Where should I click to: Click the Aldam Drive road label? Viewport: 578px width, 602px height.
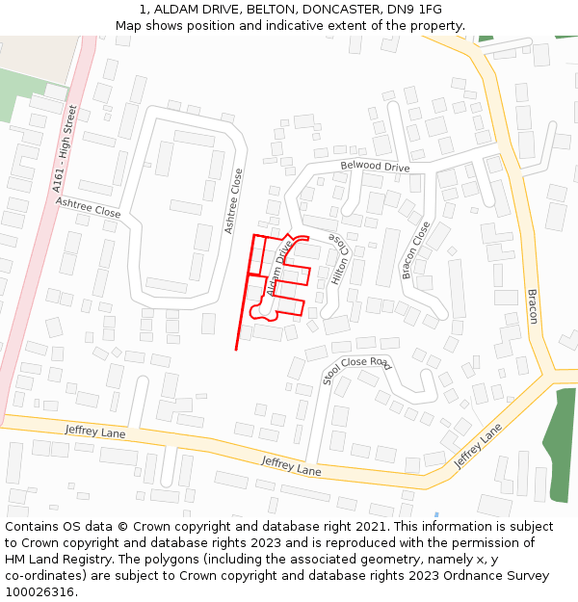[x=279, y=268]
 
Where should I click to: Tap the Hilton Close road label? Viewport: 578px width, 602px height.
[x=338, y=258]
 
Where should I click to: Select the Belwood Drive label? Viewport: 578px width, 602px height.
[x=375, y=167]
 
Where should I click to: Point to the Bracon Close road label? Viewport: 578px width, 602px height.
[x=416, y=250]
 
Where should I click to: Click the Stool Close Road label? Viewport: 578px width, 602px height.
[x=357, y=370]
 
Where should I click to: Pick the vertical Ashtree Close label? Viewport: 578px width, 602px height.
[x=234, y=200]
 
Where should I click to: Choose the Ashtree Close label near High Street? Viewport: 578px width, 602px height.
[x=88, y=207]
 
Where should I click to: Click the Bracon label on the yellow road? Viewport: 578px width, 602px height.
[x=531, y=306]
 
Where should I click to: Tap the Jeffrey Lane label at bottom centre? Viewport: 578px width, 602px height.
[x=291, y=465]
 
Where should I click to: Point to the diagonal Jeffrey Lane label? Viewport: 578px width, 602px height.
[x=479, y=446]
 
